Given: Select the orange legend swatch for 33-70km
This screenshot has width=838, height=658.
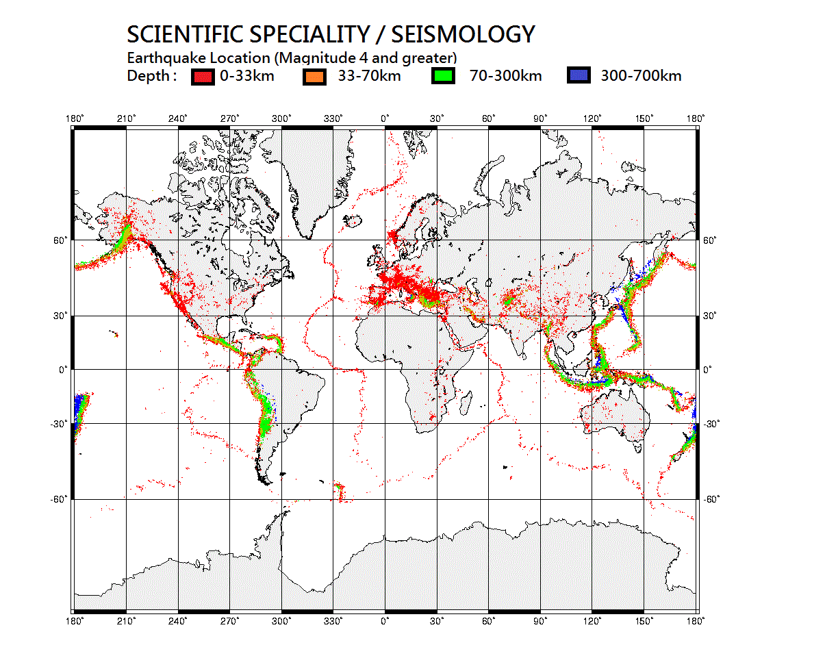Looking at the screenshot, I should click(x=314, y=76).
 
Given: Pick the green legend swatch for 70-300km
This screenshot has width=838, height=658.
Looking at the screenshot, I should click(x=444, y=76).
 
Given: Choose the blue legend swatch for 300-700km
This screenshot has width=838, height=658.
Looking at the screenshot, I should click(x=579, y=76).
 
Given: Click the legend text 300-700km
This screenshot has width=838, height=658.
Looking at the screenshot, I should click(x=641, y=76).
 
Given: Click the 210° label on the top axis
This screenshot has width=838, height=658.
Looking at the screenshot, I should click(x=126, y=119).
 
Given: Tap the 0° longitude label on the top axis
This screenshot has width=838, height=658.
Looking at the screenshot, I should click(x=385, y=119).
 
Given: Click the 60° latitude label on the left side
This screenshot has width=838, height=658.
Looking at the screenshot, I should click(x=61, y=240).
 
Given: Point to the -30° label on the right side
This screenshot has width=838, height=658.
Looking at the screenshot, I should click(x=712, y=424).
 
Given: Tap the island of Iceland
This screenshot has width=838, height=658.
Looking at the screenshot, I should click(x=353, y=220).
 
